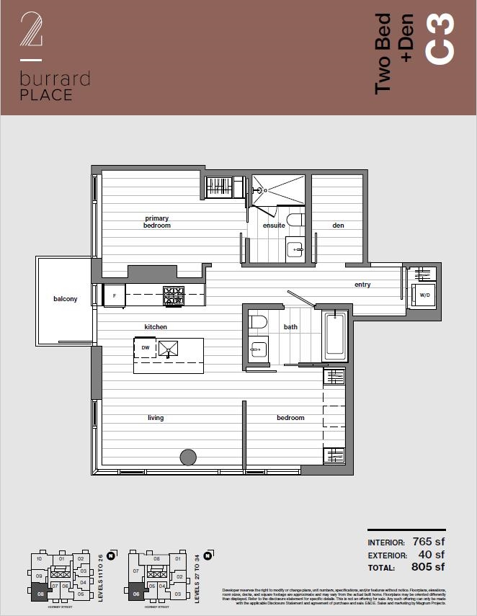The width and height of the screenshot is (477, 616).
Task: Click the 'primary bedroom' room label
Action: (157, 222)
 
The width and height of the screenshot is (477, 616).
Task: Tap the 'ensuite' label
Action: (274, 226)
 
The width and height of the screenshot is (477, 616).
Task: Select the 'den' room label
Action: (338, 226)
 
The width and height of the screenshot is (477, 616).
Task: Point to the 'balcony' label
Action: (65, 298)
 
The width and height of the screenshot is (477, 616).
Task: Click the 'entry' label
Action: (362, 285)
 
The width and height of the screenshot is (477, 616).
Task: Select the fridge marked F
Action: (114, 295)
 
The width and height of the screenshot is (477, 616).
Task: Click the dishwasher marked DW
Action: (145, 348)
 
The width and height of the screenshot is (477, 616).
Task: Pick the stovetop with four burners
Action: (173, 294)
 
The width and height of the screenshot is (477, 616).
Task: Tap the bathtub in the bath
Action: (334, 335)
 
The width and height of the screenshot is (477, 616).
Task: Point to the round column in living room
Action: (187, 457)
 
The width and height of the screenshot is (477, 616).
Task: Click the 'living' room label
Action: (156, 418)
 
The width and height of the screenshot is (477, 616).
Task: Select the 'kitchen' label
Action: (156, 327)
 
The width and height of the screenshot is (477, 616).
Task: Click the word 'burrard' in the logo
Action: (55, 79)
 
